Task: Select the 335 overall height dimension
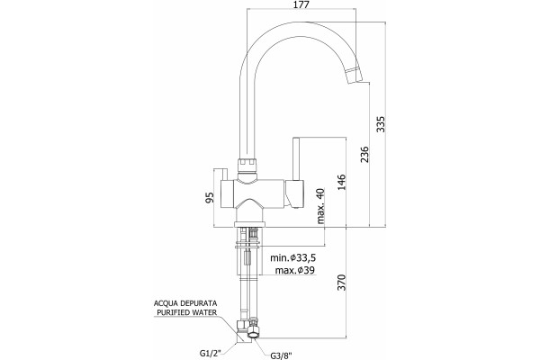[381, 124]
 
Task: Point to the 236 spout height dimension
[364, 154]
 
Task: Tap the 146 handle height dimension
[341, 182]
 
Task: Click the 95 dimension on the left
[210, 197]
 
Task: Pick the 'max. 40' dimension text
[320, 206]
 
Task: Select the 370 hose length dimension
[341, 283]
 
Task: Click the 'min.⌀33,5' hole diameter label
[292, 257]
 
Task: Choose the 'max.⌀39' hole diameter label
[295, 270]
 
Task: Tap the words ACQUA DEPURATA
[185, 303]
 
